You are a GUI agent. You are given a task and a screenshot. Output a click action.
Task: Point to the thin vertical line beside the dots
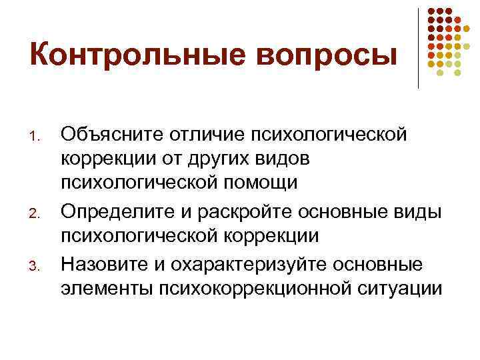click(x=418, y=47)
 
